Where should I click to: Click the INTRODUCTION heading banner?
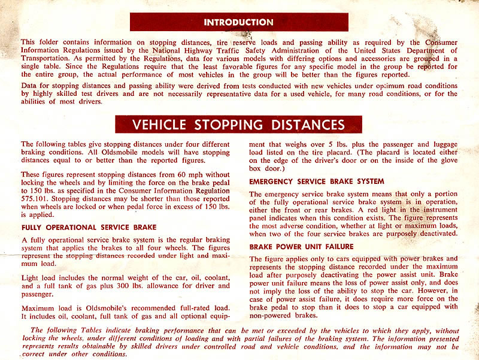[x=238, y=22]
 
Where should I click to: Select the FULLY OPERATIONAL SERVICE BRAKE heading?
[x=89, y=227]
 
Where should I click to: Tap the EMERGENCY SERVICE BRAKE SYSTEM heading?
[x=317, y=181]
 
